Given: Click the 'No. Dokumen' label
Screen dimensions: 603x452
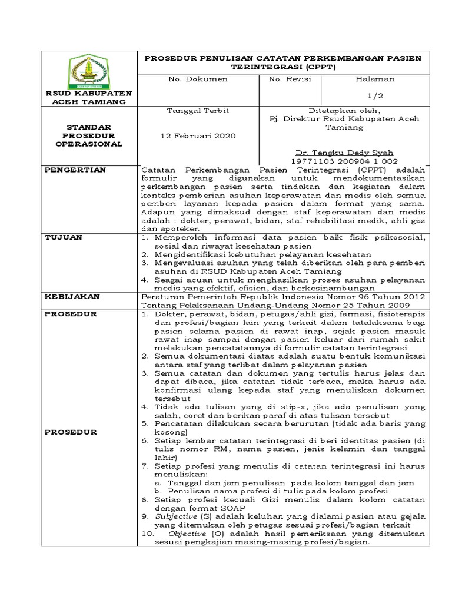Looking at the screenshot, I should pos(190,79).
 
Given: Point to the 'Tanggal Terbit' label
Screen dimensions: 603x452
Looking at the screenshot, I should pos(190,111).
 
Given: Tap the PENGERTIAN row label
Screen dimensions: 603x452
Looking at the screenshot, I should pos(75,170).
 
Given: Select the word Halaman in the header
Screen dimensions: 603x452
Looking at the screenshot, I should pos(375,79).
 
